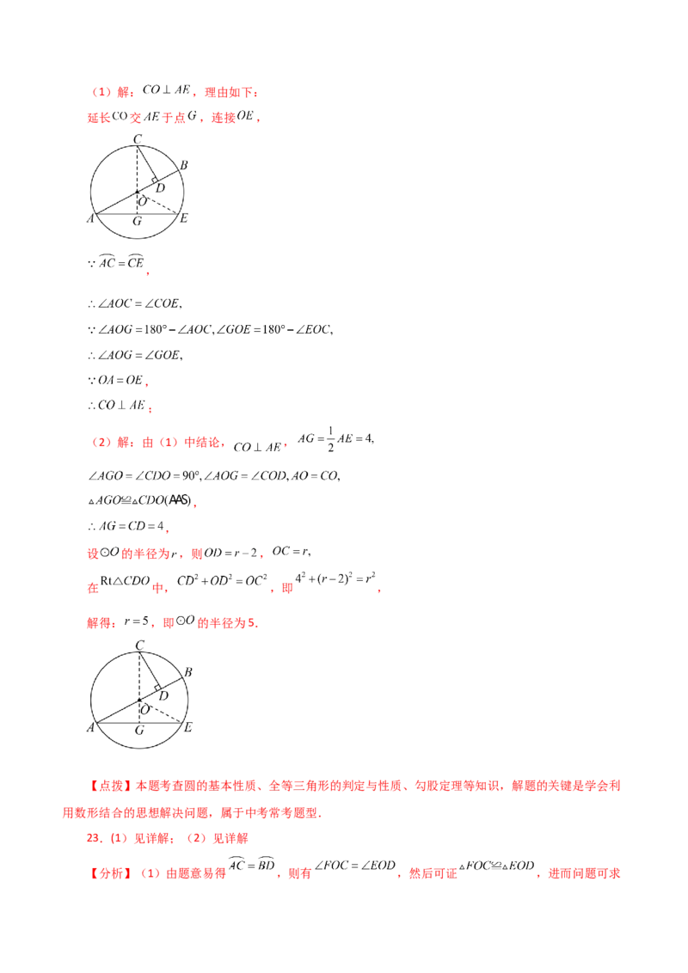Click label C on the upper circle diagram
(138, 139)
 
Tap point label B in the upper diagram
(184, 165)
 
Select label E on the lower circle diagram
(188, 727)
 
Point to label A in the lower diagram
(90, 727)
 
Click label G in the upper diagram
(138, 221)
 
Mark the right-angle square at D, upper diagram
(156, 180)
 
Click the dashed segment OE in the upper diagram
(157, 204)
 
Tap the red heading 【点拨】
(111, 786)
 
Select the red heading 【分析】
(111, 873)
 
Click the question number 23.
(95, 838)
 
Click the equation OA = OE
(120, 380)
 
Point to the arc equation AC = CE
(121, 262)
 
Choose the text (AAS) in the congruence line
(180, 499)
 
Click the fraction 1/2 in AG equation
(330, 438)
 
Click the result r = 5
(137, 621)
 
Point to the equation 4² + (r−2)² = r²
(335, 579)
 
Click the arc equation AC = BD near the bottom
(251, 865)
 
